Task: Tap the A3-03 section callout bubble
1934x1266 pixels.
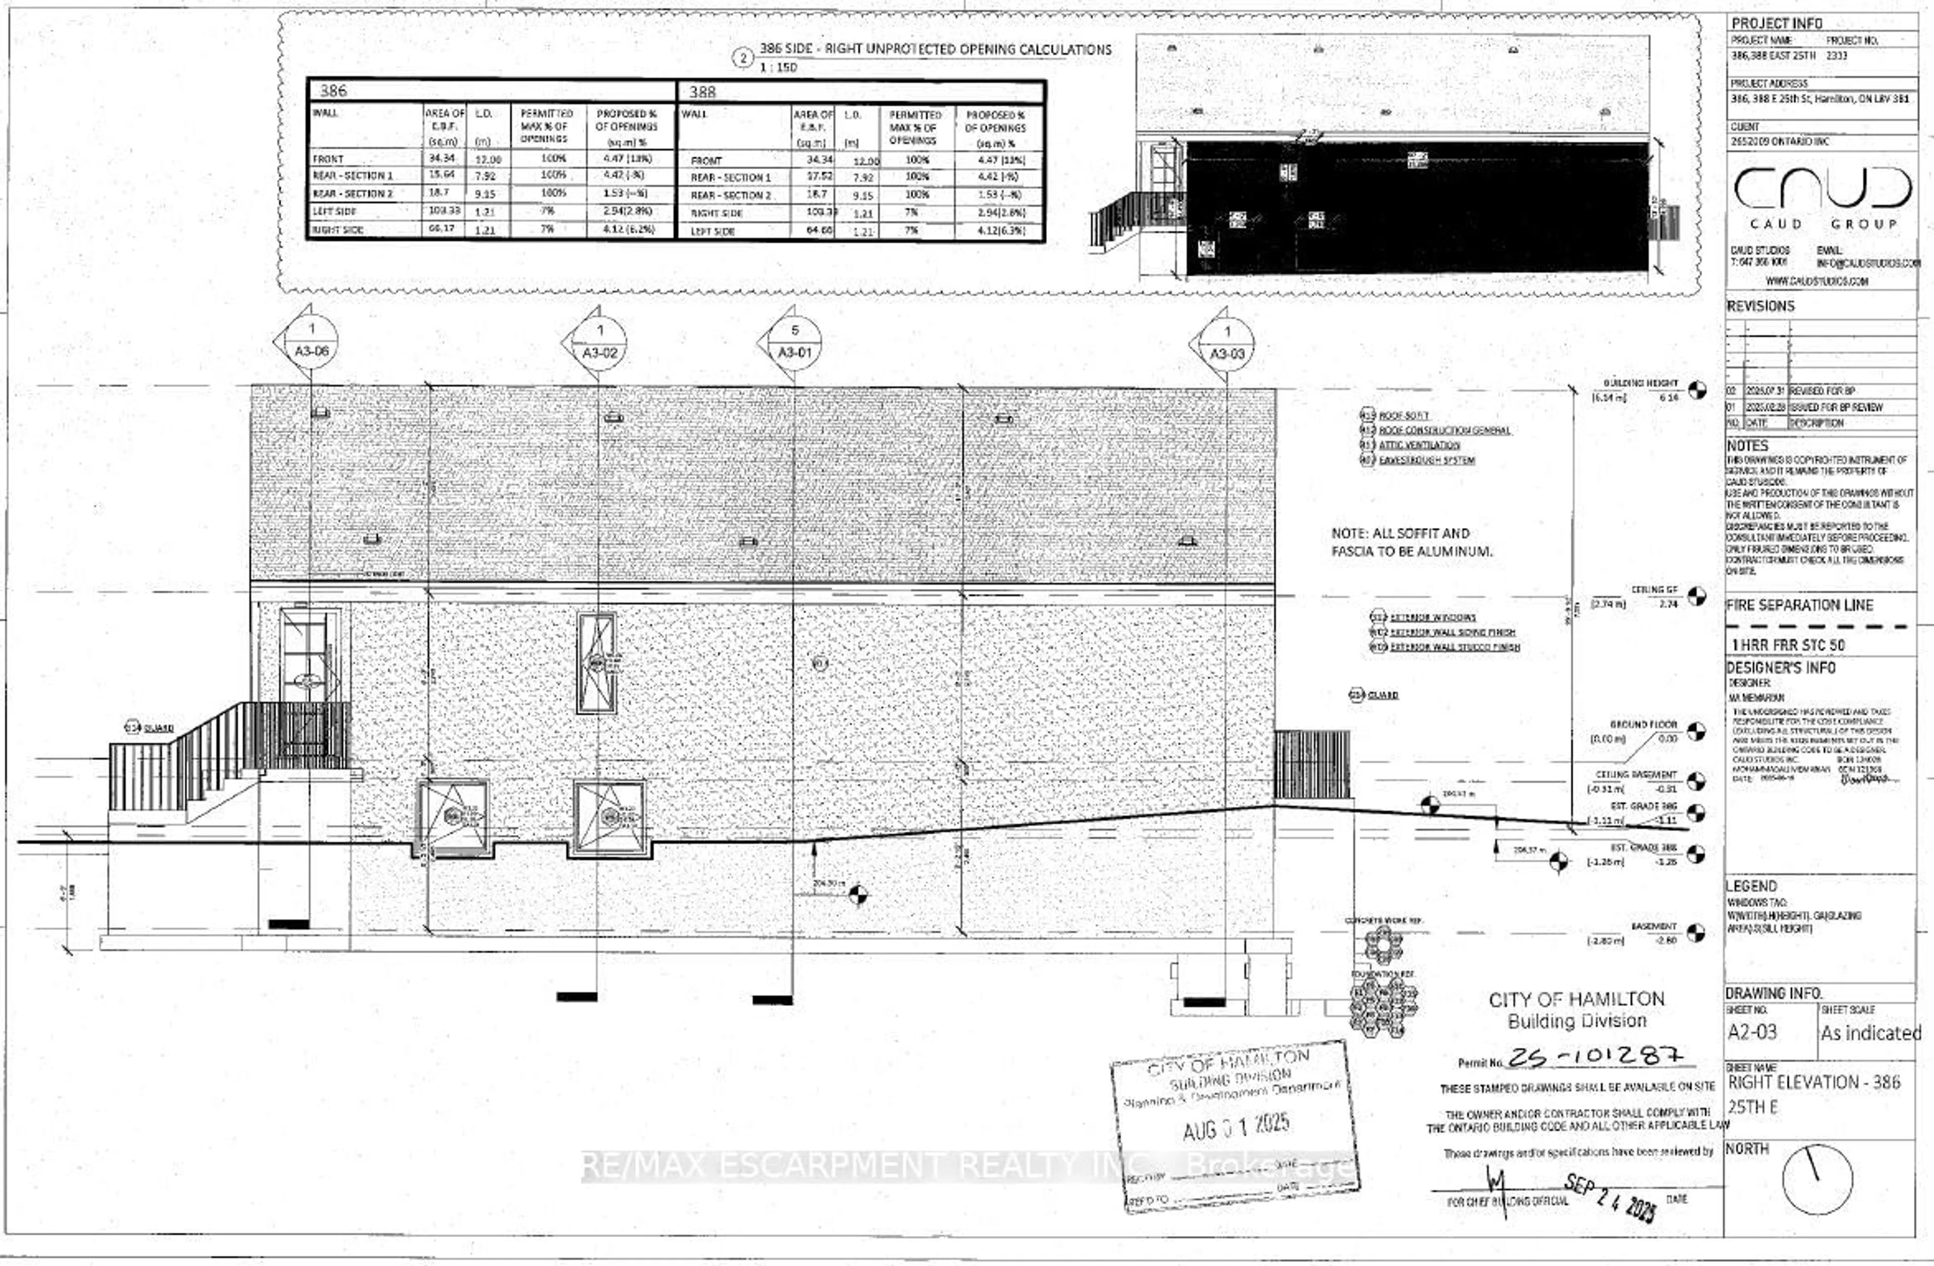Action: pos(1227,342)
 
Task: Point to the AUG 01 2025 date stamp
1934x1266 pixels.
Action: pos(1236,1125)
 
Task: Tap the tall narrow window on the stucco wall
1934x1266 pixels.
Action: pos(596,663)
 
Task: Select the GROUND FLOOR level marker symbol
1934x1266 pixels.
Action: pos(1696,731)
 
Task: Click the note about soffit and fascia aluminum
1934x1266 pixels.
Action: pos(1412,542)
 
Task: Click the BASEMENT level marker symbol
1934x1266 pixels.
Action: pos(1695,933)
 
